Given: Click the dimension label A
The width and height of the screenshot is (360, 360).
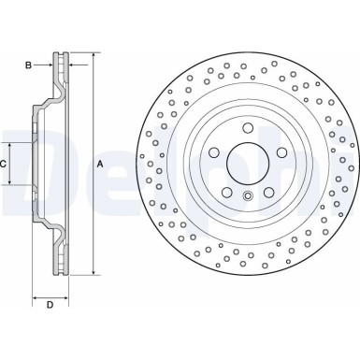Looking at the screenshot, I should (x=100, y=163).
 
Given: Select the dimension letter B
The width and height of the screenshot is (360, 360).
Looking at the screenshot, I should (x=29, y=65).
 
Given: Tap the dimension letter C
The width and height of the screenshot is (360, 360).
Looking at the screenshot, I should (x=5, y=164).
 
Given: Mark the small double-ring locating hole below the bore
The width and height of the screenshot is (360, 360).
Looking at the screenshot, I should (x=248, y=195).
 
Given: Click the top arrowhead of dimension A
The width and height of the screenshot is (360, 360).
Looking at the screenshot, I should (x=94, y=54).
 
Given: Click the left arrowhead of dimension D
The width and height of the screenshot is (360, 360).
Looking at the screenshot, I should (x=36, y=295).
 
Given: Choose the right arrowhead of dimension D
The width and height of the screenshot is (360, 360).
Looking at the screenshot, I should (x=66, y=295).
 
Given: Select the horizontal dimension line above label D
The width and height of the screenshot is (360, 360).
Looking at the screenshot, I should (x=50, y=295).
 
